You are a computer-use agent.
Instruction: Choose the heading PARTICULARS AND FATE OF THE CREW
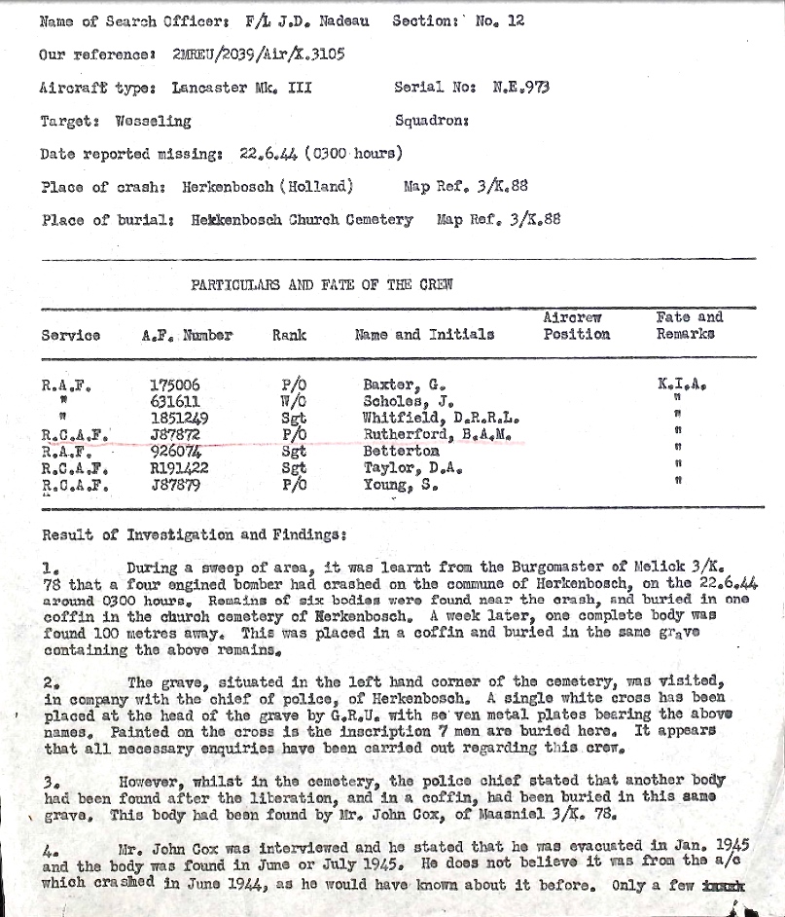click(x=321, y=285)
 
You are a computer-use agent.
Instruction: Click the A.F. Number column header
click(x=187, y=335)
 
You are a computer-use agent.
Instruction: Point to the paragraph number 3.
click(x=52, y=783)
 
